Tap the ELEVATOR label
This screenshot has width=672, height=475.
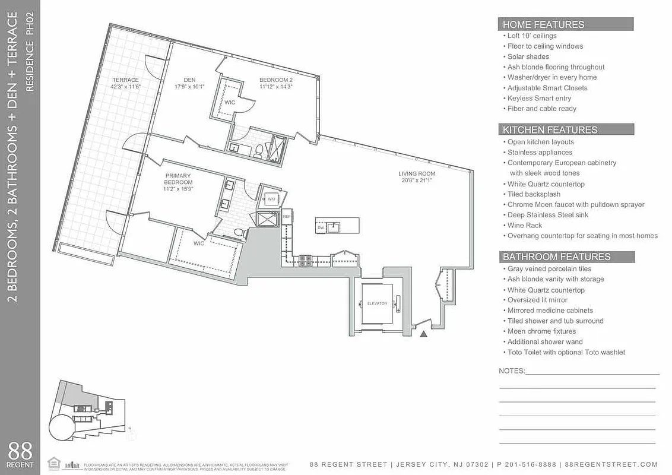pyautogui.click(x=377, y=303)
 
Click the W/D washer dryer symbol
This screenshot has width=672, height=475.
pyautogui.click(x=271, y=199)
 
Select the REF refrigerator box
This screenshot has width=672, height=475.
pyautogui.click(x=287, y=217)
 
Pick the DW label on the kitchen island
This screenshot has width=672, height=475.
pyautogui.click(x=321, y=227)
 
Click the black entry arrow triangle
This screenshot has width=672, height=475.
pyautogui.click(x=424, y=335)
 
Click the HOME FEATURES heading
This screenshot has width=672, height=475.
pyautogui.click(x=543, y=24)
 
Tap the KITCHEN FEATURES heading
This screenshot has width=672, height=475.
pyautogui.click(x=550, y=129)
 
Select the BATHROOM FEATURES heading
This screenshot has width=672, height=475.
pyautogui.click(x=556, y=257)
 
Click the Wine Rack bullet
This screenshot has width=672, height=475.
pyautogui.click(x=525, y=226)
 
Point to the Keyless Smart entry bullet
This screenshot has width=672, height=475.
pyautogui.click(x=539, y=98)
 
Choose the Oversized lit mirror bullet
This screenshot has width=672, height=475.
pyautogui.click(x=537, y=300)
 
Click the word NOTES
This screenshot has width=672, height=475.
pyautogui.click(x=512, y=371)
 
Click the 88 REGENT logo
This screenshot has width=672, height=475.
pyautogui.click(x=20, y=454)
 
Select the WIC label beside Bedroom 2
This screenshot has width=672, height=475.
pyautogui.click(x=230, y=102)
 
